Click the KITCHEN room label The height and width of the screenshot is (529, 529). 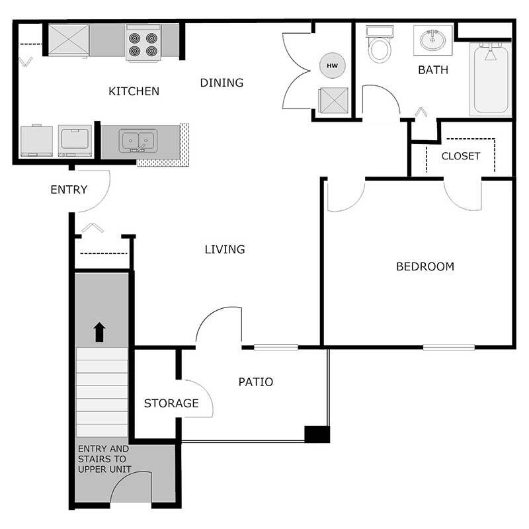[x=134, y=91]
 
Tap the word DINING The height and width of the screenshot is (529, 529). [x=222, y=83]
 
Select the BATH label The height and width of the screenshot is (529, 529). [x=432, y=69]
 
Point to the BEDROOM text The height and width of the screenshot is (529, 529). [x=425, y=266]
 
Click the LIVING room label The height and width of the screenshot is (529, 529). [x=224, y=249]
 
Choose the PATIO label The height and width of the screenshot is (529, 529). [x=255, y=382]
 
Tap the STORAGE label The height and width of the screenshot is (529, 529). [x=171, y=403]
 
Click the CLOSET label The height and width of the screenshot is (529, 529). [x=460, y=156]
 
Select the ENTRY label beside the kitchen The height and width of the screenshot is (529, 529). [x=69, y=190]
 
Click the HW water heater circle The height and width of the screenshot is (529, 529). [x=332, y=65]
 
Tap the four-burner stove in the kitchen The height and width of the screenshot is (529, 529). [x=143, y=43]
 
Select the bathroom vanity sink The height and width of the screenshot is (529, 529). [x=432, y=39]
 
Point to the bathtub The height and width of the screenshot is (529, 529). [x=490, y=79]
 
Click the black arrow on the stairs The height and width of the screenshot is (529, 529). [x=99, y=331]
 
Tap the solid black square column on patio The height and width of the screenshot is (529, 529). [x=317, y=434]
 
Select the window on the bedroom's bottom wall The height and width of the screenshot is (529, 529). [x=448, y=346]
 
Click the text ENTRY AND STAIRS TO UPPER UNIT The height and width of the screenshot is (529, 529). [x=104, y=459]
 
